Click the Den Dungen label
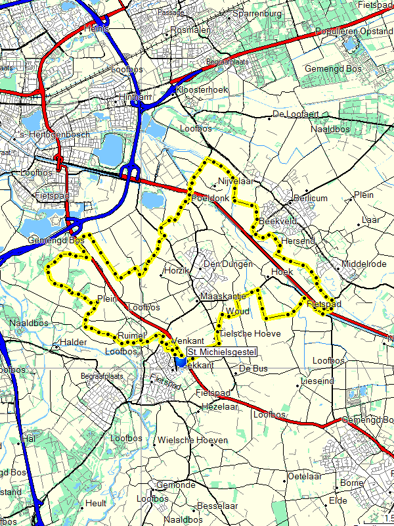[228, 264]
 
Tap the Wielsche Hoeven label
[193, 440]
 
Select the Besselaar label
[217, 506]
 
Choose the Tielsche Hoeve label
[250, 334]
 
